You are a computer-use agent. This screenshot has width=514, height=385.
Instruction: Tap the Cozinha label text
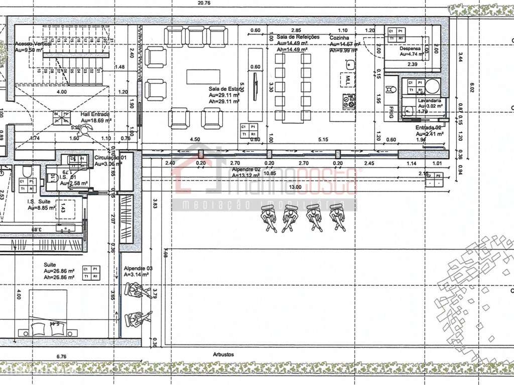(x=339, y=38)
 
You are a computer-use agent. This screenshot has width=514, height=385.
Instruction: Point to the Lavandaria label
(x=430, y=100)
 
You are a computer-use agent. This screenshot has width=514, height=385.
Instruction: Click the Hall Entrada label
(x=95, y=114)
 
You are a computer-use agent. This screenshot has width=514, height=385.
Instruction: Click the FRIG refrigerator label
(x=391, y=112)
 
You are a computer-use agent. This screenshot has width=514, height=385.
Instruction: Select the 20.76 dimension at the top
(x=204, y=3)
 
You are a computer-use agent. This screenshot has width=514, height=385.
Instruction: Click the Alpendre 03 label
(x=138, y=269)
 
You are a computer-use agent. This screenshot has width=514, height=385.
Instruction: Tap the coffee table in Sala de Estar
(x=203, y=77)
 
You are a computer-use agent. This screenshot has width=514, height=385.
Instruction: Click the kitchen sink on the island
(x=350, y=64)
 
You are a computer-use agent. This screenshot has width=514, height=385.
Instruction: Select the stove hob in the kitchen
(x=348, y=101)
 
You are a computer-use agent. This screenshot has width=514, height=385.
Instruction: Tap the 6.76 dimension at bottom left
(x=62, y=356)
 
